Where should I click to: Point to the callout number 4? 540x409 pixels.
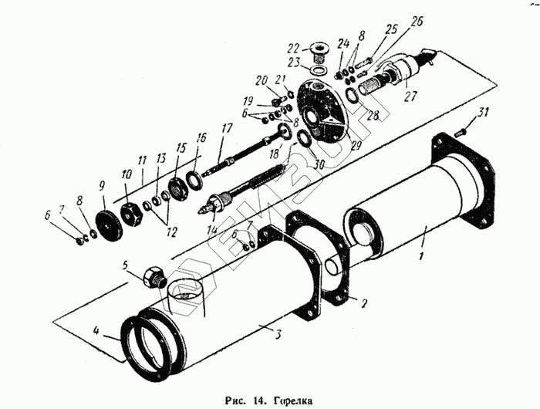pos(96,333)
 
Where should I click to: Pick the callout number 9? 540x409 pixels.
pos(101,185)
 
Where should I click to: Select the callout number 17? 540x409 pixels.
pos(226,128)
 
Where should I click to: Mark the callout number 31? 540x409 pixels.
pos(483,114)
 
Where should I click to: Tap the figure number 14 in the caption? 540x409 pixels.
pos(257,401)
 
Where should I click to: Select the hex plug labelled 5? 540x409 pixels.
pos(154,275)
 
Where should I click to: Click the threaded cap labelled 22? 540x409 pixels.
pos(318,52)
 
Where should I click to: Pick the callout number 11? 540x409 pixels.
pos(142,161)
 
